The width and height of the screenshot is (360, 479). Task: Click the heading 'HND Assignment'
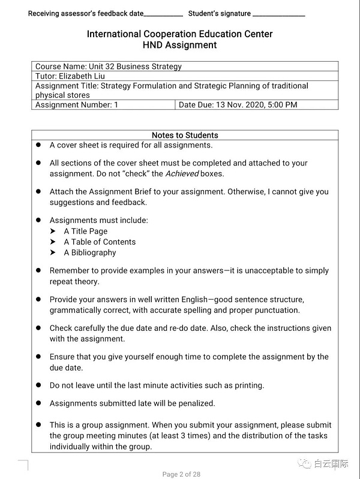click(179, 45)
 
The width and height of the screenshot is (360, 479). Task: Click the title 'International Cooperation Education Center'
click(179, 34)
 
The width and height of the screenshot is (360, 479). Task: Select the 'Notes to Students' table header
click(185, 135)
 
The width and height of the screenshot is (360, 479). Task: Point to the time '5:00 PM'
click(282, 105)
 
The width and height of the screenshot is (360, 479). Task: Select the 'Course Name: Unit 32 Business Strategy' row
click(109, 67)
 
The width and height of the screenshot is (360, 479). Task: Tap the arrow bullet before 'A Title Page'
click(53, 231)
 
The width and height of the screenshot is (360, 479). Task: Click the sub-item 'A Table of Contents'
click(100, 242)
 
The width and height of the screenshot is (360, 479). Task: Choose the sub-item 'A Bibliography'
click(90, 253)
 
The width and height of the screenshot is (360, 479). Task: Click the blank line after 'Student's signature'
click(279, 14)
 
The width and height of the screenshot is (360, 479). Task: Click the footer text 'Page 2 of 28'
click(181, 474)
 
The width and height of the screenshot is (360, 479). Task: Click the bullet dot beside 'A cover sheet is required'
click(38, 145)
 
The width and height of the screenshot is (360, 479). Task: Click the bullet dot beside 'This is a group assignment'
click(38, 425)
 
